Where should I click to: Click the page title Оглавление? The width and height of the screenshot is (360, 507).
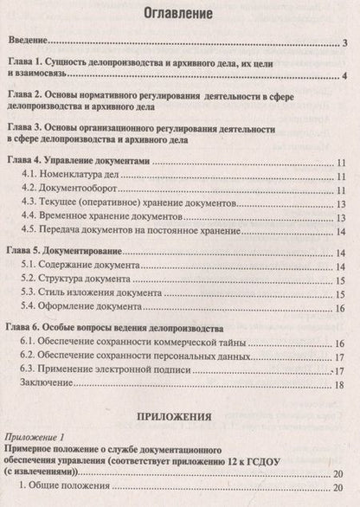(x=179, y=15)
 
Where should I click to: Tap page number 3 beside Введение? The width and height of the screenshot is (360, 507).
(x=344, y=42)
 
